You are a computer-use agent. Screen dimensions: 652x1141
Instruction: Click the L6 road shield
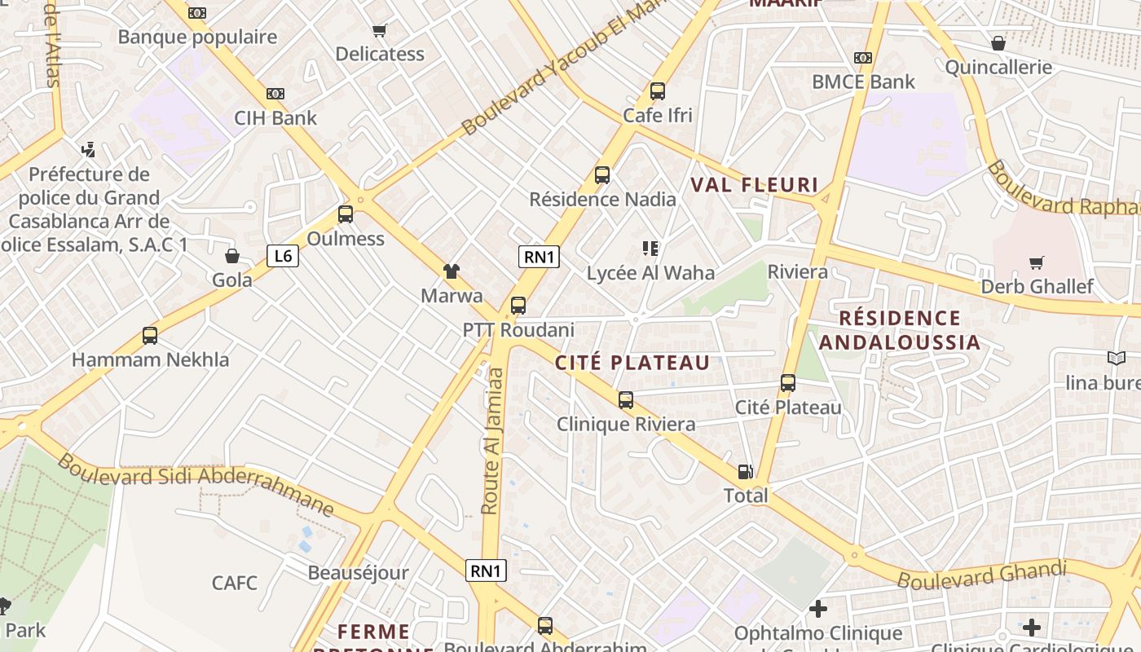[283, 257]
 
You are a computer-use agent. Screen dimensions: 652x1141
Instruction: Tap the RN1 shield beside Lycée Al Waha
[539, 258]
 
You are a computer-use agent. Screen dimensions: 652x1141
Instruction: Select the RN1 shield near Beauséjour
[486, 570]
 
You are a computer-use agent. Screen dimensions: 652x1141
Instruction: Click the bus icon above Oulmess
[346, 215]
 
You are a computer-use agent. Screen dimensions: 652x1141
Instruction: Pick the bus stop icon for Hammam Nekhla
[150, 336]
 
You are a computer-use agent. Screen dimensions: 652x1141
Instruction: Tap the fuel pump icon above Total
[745, 471]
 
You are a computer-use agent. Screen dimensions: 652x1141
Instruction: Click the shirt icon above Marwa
[452, 271]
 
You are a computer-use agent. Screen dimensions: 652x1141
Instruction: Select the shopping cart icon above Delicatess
[379, 31]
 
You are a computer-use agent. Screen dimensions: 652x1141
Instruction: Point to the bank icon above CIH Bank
[275, 94]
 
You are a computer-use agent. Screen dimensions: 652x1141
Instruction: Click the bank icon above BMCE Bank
[863, 58]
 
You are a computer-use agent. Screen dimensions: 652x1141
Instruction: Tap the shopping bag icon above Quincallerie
[998, 43]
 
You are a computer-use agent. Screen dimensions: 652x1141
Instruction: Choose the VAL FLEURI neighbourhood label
[754, 185]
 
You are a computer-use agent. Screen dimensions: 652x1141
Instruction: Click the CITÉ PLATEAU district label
[632, 363]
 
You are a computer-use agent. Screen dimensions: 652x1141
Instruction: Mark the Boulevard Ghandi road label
[981, 574]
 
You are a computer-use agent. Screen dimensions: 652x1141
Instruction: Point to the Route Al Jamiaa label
[491, 441]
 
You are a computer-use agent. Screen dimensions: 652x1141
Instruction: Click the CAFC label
[235, 583]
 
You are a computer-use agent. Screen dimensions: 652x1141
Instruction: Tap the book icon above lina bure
[1116, 358]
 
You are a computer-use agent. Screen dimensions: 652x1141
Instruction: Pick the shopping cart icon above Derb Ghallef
[1037, 262]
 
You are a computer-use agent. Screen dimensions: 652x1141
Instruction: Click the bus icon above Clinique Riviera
[626, 400]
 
